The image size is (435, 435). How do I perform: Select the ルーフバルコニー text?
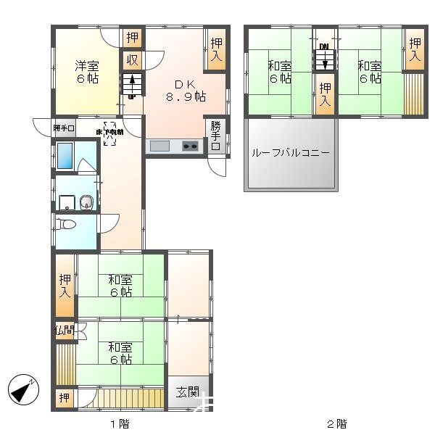tap(291, 154)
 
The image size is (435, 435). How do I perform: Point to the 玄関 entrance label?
tap(188, 392)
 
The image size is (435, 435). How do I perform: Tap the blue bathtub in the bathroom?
tap(65, 156)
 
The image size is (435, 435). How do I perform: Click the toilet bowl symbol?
tap(68, 225)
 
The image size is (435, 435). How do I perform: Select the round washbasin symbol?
tap(87, 202)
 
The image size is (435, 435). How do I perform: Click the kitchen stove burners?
tap(191, 147)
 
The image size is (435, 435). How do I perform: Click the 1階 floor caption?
tap(120, 423)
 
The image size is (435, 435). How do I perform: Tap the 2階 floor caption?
tap(336, 423)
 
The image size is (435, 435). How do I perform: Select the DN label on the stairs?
tap(324, 47)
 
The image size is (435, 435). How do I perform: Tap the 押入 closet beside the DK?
tap(216, 49)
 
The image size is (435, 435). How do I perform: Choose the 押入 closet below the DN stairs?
tap(324, 95)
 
